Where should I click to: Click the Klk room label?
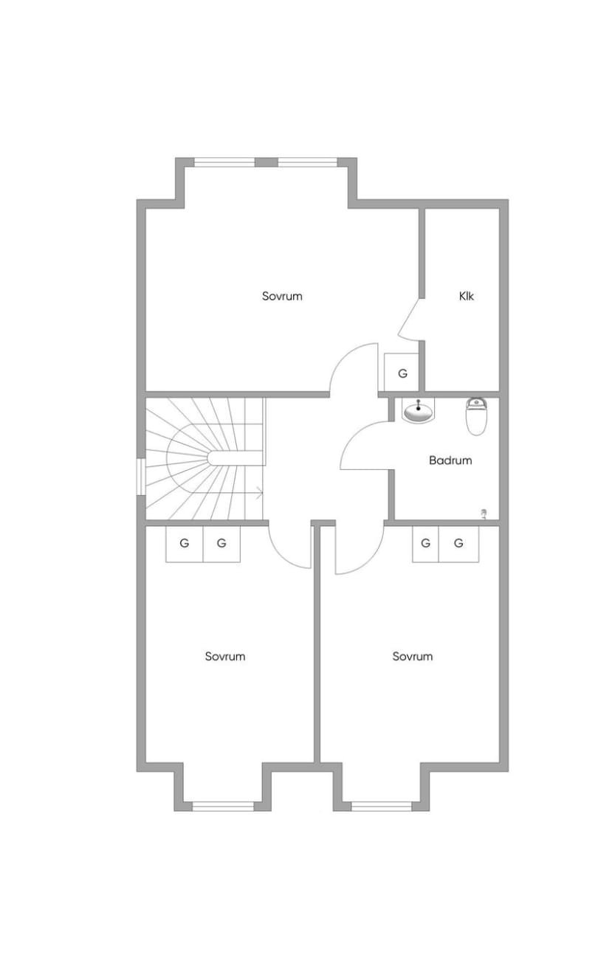coord(467,296)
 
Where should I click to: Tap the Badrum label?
coord(450,460)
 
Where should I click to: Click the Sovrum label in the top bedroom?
coord(282,296)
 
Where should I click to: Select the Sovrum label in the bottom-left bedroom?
coord(225,657)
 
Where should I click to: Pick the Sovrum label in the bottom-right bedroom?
coord(413,656)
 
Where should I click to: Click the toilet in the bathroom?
coord(476,416)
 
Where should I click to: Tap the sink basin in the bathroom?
coord(418,412)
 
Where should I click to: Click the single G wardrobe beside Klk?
coord(402,373)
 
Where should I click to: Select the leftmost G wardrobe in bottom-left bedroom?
coord(185,543)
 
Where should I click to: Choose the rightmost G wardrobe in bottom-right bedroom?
coord(458,543)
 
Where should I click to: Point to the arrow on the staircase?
coord(260,494)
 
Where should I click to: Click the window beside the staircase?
coord(141,477)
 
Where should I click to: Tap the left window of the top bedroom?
coord(224,162)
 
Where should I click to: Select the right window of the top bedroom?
coord(308,162)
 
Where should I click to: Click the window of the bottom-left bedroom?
coord(223,807)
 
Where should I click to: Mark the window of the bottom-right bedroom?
coord(381,807)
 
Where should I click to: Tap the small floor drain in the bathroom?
coord(484,513)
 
